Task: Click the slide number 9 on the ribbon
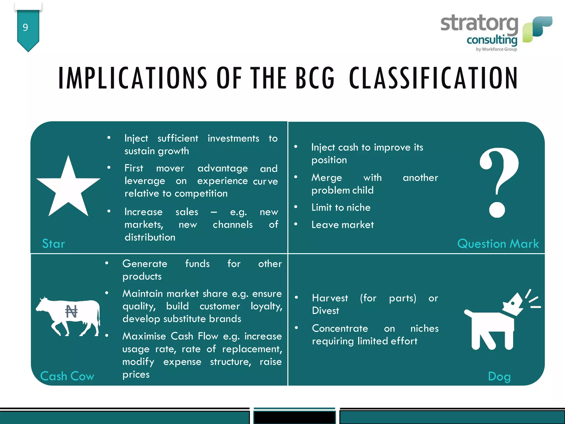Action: (25, 28)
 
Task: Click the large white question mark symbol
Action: (499, 182)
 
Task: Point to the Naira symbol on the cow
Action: (71, 312)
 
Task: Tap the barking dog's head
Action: (513, 305)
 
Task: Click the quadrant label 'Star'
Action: (54, 244)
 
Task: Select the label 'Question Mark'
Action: (498, 244)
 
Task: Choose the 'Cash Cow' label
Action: (67, 376)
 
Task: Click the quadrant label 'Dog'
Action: (499, 377)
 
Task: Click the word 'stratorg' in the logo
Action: (479, 24)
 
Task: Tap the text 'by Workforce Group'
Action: (496, 49)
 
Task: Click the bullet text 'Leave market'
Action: (343, 225)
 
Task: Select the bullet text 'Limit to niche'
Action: (341, 208)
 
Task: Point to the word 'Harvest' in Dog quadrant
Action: (330, 298)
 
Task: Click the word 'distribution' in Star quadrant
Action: (150, 237)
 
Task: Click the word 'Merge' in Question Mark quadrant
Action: (327, 178)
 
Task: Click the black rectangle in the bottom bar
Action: (294, 417)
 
